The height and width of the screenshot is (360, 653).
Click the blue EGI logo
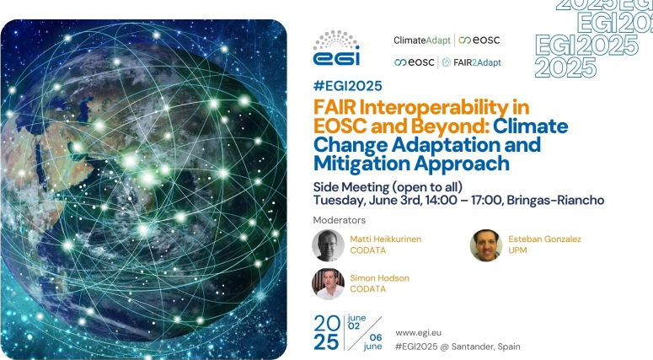336,48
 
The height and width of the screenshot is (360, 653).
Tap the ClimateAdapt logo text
422,40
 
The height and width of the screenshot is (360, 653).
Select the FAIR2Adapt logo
472,62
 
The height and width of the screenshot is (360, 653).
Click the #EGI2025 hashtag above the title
347,86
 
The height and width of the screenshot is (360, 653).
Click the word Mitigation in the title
361,164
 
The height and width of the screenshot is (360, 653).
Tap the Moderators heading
339,220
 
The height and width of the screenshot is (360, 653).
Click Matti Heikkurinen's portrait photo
328,245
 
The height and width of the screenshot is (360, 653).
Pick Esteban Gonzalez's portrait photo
486,245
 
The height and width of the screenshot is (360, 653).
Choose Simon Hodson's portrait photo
328,284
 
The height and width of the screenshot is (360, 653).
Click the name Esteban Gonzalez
544,239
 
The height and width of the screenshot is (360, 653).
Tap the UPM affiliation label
517,250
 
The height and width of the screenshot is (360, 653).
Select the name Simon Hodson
379,278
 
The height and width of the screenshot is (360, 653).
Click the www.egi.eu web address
418,333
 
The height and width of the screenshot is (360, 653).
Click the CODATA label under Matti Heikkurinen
367,250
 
